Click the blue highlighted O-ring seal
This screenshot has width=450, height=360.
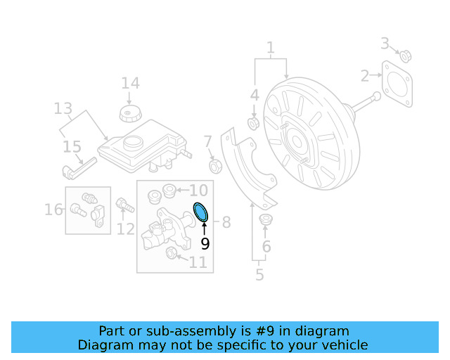pyautogui.click(x=200, y=211)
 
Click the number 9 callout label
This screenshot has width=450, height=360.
pyautogui.click(x=205, y=244)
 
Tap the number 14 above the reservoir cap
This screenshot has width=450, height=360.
pyautogui.click(x=130, y=84)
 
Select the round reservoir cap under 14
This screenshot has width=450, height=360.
pyautogui.click(x=129, y=114)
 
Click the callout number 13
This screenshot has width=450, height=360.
pyautogui.click(x=63, y=108)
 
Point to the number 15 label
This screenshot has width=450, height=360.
pyautogui.click(x=72, y=147)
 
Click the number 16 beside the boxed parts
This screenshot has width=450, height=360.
pyautogui.click(x=53, y=210)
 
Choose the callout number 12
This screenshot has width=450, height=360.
pyautogui.click(x=126, y=228)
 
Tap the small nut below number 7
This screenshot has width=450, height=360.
pyautogui.click(x=217, y=166)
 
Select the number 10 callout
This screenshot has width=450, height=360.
pyautogui.click(x=198, y=190)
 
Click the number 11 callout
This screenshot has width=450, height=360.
pyautogui.click(x=198, y=262)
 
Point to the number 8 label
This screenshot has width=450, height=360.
pyautogui.click(x=226, y=223)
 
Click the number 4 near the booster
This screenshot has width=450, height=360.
pyautogui.click(x=255, y=94)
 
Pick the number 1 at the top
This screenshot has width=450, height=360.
pyautogui.click(x=270, y=49)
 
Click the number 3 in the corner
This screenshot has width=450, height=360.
pyautogui.click(x=385, y=44)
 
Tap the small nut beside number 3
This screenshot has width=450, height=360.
pyautogui.click(x=405, y=56)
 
